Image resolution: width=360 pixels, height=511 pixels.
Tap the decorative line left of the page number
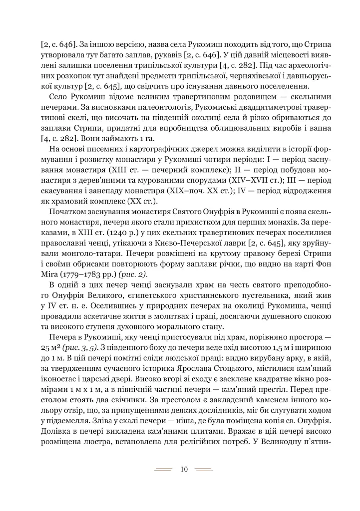[163, 469]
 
